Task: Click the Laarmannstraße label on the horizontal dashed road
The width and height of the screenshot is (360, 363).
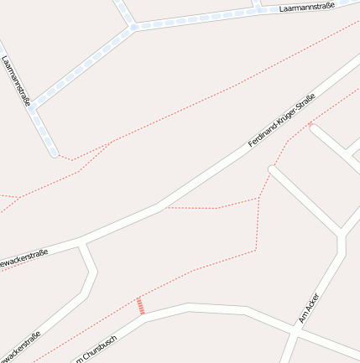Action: pos(306,6)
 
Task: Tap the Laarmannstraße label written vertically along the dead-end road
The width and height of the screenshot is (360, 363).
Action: pos(17,80)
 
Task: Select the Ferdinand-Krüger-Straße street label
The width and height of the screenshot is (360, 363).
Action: pos(282,121)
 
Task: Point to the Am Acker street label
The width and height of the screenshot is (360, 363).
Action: pos(308,308)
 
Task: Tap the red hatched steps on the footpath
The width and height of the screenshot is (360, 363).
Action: pos(141,306)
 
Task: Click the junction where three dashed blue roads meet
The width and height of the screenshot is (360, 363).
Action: pos(133,28)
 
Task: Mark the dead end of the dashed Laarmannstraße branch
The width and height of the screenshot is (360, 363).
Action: pos(55,153)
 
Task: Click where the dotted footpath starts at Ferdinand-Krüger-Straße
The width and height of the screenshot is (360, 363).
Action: pos(159,207)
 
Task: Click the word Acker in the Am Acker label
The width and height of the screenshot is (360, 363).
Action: pos(311,303)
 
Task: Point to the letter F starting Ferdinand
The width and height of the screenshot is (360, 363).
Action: pos(250,146)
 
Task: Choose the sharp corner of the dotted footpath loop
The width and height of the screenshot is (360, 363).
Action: pos(258,198)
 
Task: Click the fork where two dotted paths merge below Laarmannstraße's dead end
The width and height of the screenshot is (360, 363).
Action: pos(111,143)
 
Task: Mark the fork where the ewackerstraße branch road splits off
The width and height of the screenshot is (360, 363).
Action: pos(82,243)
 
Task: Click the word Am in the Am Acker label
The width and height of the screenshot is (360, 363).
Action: pos(302,319)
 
